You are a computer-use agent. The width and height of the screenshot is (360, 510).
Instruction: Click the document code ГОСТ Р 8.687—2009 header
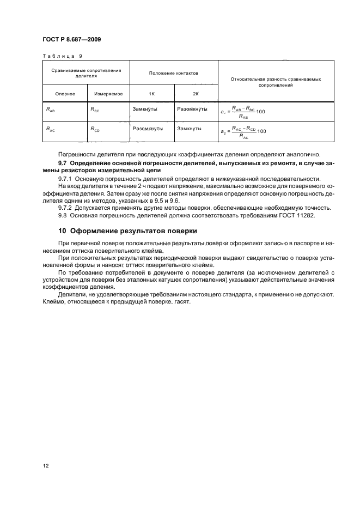click(71, 40)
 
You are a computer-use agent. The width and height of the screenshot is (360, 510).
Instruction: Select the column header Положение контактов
click(174, 73)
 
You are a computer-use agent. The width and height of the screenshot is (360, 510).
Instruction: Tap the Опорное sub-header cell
click(64, 94)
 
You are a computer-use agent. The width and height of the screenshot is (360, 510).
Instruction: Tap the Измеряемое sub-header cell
click(107, 94)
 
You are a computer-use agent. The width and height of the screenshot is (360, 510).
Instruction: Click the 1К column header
click(151, 94)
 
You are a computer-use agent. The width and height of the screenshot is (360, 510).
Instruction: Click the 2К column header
click(196, 94)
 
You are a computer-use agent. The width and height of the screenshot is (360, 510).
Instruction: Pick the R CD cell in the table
click(95, 130)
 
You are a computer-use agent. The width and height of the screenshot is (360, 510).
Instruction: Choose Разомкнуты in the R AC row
click(148, 129)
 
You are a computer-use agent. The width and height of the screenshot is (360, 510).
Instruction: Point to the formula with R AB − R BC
click(243, 112)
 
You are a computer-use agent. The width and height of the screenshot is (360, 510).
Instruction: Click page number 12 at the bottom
click(46, 466)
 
